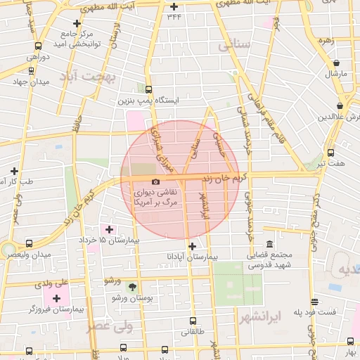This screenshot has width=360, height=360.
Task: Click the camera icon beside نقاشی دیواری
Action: click(155, 181)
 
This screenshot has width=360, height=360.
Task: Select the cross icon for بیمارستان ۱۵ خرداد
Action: click(109, 229)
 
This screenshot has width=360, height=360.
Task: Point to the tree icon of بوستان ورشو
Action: click(132, 287)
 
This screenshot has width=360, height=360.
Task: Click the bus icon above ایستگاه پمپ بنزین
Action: click(148, 89)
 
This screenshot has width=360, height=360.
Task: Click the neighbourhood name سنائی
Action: click(234, 47)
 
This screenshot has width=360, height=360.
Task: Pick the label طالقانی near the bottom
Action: click(193, 340)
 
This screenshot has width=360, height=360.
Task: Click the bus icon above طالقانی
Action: click(193, 322)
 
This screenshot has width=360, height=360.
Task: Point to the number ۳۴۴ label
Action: click(174, 17)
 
